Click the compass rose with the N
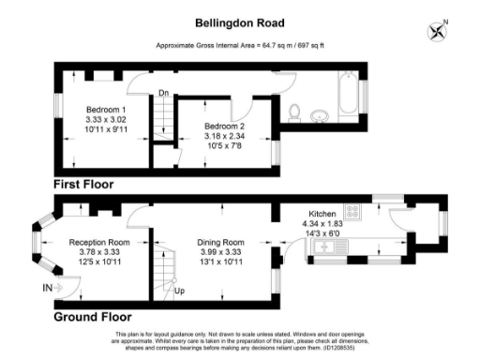click(437, 30)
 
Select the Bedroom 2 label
click(225, 126)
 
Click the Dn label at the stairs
click(163, 93)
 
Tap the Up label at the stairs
click(179, 291)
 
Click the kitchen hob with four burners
click(354, 212)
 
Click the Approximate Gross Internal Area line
click(239, 45)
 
